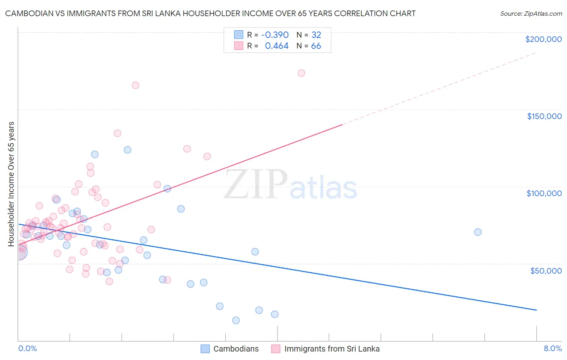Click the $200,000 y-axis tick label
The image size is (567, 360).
tap(543, 39)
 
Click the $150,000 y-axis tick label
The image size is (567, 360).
tap(544, 116)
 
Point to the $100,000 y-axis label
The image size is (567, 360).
tap(544, 193)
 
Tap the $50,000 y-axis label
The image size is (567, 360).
tap(546, 270)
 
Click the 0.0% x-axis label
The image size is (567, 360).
tap(27, 349)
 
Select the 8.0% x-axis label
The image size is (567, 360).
tap(552, 349)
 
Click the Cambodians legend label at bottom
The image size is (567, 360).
tap(236, 349)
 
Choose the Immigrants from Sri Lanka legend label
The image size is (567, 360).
tap(331, 349)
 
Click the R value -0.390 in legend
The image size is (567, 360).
tap(275, 35)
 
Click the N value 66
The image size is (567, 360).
tap(316, 46)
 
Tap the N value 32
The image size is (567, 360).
tap(316, 35)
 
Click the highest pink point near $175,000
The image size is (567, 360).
tap(301, 73)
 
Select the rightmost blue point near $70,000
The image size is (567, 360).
tap(478, 232)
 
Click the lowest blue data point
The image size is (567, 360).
tap(236, 320)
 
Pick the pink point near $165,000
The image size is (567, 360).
tap(135, 85)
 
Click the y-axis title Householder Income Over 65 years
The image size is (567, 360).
tap(11, 184)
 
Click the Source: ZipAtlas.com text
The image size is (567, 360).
tap(531, 14)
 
